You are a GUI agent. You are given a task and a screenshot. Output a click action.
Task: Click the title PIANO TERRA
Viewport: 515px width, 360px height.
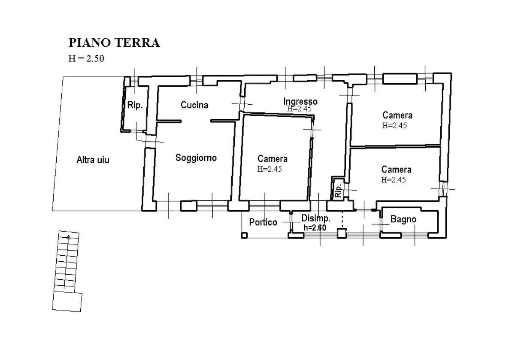(114, 43)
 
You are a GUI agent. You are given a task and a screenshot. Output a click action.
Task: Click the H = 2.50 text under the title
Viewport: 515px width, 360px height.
(86, 59)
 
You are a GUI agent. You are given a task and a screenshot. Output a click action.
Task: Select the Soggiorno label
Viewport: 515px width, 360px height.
(196, 158)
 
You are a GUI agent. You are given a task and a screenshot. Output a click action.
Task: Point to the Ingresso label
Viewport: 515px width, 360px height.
(300, 101)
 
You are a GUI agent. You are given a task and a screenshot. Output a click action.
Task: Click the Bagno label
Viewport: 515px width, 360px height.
(403, 219)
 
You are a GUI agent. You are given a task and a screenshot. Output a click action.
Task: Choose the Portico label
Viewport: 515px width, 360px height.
(263, 222)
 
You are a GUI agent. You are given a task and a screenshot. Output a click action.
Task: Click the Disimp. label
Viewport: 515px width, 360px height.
(315, 218)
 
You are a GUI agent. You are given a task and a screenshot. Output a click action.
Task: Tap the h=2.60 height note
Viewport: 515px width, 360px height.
(315, 228)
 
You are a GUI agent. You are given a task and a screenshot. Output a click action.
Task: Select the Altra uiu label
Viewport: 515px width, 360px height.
(93, 160)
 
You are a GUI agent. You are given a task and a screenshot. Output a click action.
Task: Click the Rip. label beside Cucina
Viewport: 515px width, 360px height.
(135, 105)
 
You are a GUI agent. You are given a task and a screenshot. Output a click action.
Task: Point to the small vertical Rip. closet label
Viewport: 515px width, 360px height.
(338, 190)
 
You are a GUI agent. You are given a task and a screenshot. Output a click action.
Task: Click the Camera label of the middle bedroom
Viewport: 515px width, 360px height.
(272, 159)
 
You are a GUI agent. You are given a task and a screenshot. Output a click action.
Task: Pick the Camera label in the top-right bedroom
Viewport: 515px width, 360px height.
(397, 115)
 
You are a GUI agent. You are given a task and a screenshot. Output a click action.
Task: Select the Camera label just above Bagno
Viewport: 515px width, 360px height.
(396, 169)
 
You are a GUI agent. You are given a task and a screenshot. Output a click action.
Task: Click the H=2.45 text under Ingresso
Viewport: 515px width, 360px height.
(300, 109)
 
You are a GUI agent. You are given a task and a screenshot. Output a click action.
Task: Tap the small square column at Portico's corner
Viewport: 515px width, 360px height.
(244, 235)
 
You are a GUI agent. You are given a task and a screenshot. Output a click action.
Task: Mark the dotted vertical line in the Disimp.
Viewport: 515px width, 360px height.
(342, 219)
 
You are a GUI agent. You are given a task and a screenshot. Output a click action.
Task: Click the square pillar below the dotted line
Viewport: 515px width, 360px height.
(342, 233)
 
